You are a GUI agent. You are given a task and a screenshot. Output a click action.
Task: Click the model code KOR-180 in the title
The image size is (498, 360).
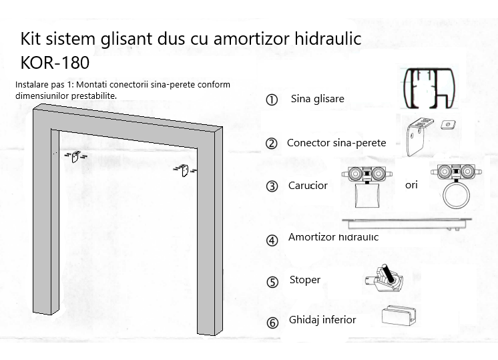(x=55, y=62)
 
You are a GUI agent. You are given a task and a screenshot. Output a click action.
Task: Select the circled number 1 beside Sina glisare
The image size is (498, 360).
(x=272, y=100)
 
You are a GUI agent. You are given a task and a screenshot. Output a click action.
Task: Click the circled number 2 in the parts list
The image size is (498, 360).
(x=271, y=144)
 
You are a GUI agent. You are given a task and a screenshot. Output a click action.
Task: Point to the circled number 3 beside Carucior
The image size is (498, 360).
(x=272, y=186)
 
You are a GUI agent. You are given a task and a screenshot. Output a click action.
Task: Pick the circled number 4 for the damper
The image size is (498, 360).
(x=272, y=240)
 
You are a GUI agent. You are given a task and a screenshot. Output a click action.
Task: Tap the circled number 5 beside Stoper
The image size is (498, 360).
(x=272, y=282)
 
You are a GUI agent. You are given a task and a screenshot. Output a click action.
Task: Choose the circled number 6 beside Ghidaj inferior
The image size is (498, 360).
(x=272, y=323)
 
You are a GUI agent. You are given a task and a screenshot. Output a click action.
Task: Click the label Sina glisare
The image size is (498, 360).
(x=317, y=99)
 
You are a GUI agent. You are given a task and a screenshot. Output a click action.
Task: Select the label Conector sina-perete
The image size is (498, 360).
(x=336, y=143)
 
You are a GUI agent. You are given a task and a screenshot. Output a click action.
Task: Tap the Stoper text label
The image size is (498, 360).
(x=305, y=280)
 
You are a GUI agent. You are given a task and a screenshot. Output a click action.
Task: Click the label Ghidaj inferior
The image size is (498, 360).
(x=322, y=320)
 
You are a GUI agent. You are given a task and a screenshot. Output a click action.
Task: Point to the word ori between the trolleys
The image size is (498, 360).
(x=411, y=185)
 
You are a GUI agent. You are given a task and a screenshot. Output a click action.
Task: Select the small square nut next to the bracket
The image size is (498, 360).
(x=447, y=124)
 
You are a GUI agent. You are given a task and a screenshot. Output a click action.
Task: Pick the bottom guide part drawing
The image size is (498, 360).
(x=398, y=315)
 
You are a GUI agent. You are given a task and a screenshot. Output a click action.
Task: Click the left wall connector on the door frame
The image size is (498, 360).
(x=75, y=156)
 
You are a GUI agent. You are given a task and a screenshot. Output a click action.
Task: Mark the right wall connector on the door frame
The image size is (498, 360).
(x=184, y=169)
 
